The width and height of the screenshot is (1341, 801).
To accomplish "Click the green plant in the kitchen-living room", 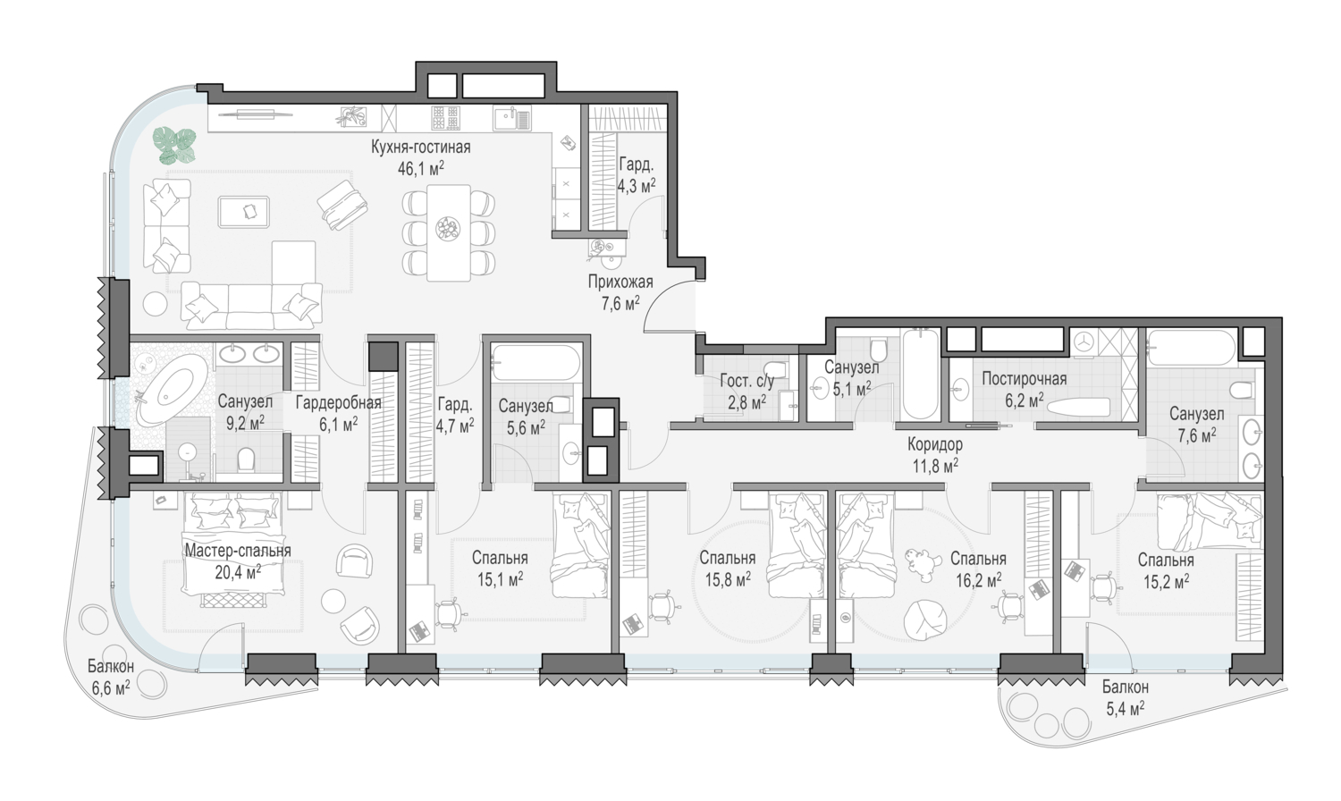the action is [174, 146].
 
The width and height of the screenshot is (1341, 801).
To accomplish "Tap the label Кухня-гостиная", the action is [421, 147].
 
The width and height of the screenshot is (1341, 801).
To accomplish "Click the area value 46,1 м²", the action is [421, 168].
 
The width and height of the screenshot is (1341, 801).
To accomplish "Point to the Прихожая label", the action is [620, 282].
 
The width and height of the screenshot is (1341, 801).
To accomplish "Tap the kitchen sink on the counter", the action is [512, 119].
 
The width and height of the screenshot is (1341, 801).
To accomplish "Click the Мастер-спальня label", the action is [238, 551].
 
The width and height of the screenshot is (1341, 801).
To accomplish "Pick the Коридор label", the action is [934, 444].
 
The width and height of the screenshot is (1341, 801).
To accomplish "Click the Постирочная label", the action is [1025, 379].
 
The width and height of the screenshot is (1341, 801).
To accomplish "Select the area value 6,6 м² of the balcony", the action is [111, 688].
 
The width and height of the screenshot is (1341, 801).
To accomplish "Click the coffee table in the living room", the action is [244, 212].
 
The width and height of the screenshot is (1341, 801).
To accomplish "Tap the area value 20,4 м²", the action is [238, 573].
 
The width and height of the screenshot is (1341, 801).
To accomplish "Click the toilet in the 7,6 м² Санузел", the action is [1243, 391].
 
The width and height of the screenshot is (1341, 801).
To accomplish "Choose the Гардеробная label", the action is [338, 402].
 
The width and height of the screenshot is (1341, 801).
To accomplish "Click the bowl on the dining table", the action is [448, 228].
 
